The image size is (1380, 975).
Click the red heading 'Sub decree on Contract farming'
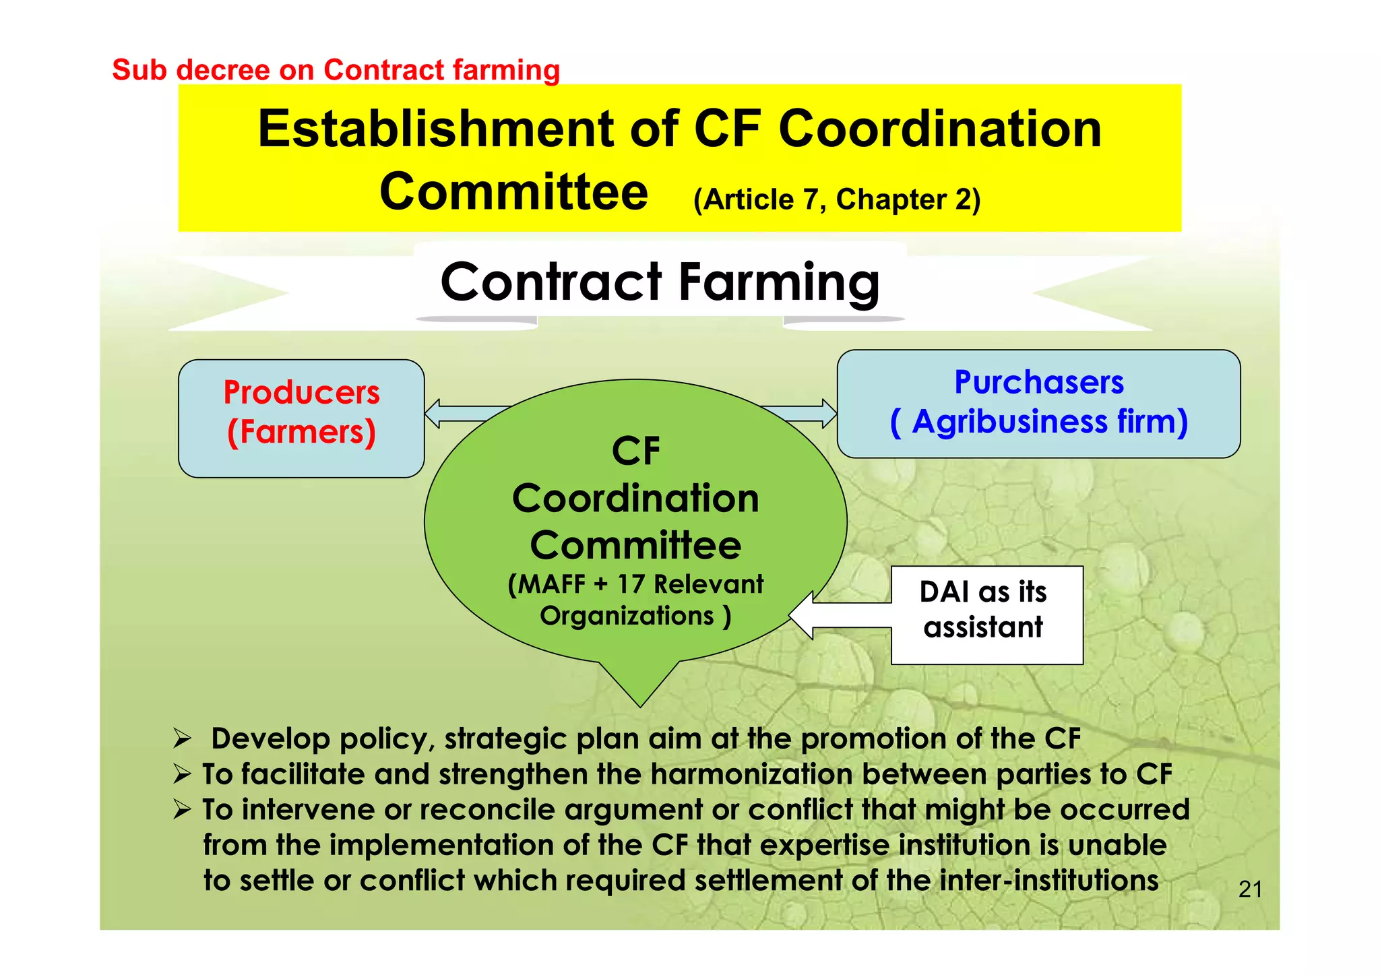pos(336,70)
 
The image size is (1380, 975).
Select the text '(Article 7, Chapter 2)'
pos(836,199)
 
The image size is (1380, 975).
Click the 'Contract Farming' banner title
pos(660,282)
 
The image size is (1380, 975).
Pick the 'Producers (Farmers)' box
pos(301,418)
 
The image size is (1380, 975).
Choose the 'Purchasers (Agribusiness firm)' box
pos(1038,404)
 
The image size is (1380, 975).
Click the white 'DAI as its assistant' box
pos(986,615)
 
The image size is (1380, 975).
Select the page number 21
pos(1250,889)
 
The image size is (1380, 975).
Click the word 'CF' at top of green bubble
pos(635,451)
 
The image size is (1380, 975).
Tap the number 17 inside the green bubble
pos(631,584)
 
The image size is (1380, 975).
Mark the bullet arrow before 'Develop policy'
pos(182,739)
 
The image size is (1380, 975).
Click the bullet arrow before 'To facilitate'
pos(182,774)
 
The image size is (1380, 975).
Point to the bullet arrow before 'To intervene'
pos(182,809)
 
